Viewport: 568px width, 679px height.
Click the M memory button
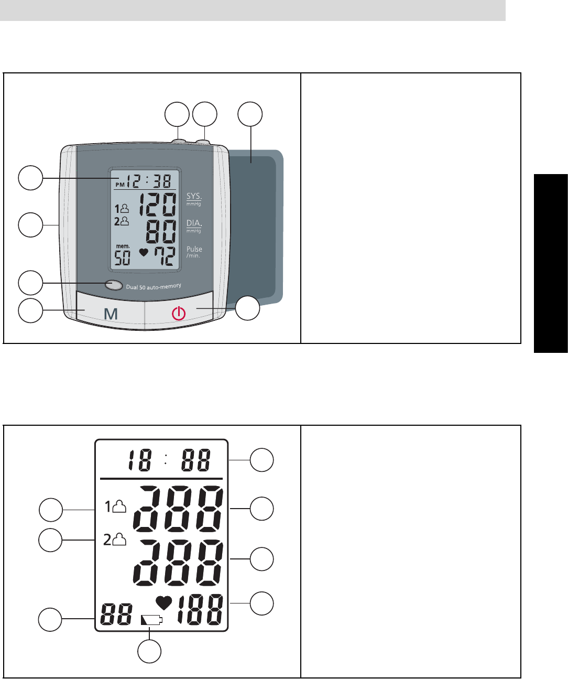coord(111,314)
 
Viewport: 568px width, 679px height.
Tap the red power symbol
coord(179,314)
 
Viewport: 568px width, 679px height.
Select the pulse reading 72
coord(161,256)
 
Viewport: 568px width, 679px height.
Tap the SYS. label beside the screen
coord(194,197)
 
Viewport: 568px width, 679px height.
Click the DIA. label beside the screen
coord(194,223)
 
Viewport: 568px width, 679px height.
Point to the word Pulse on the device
coord(194,249)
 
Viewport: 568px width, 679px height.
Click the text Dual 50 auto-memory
coord(154,286)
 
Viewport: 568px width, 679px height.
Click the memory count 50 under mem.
coord(122,257)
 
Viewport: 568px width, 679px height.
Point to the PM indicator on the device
coord(120,185)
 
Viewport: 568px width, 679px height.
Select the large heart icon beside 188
coord(164,603)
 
